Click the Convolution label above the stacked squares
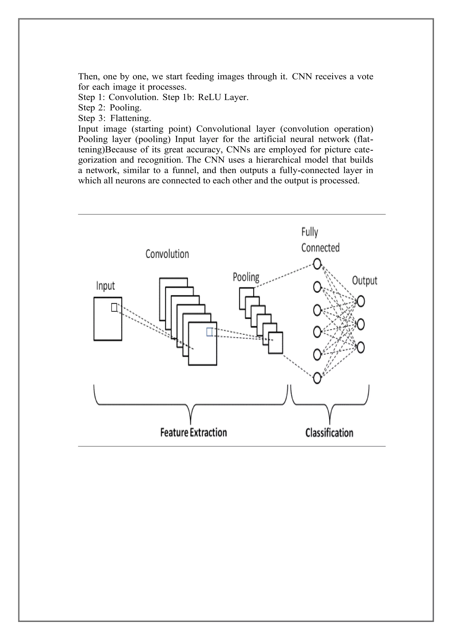[167, 254]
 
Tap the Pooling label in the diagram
[246, 277]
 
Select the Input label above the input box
[105, 286]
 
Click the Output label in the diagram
[364, 280]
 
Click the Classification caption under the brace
[329, 433]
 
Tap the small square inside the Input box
[114, 307]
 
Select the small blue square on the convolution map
[209, 332]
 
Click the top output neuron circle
[361, 301]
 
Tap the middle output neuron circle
[361, 324]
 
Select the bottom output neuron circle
[361, 348]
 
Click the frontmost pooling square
[275, 343]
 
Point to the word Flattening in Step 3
[130, 118]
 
